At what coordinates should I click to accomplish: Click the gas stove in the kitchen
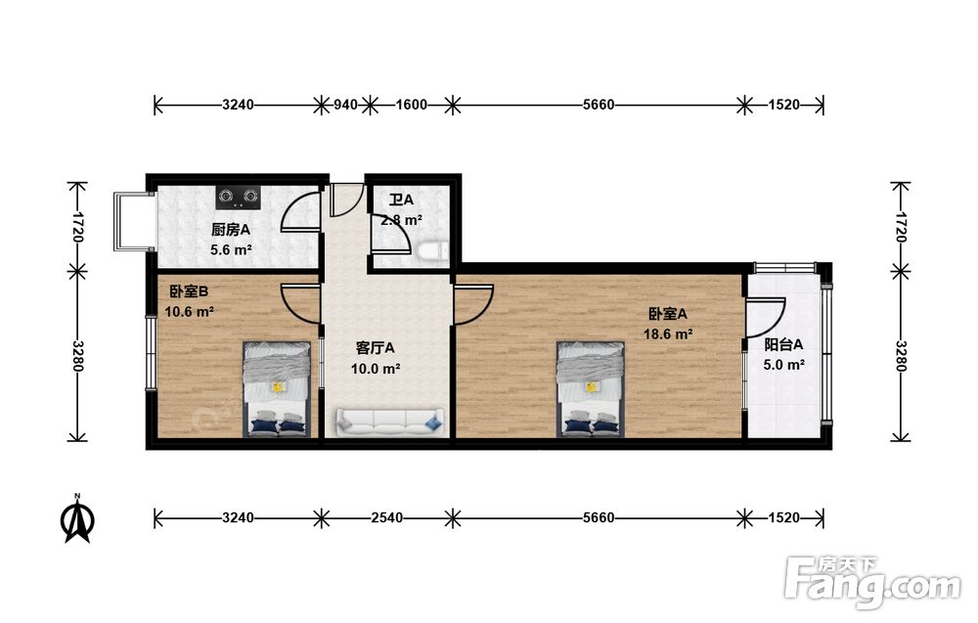[238, 197]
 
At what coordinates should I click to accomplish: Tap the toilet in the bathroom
[433, 250]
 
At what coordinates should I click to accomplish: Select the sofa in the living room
[390, 423]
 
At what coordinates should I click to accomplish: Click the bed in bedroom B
[277, 388]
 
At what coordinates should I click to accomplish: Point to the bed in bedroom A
[591, 388]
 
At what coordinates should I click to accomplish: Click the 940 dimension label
[345, 105]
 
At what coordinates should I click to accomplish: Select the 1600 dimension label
[412, 105]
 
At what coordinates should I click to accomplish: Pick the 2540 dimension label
[386, 517]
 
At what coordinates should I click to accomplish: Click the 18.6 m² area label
[668, 334]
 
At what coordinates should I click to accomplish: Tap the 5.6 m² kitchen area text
[232, 250]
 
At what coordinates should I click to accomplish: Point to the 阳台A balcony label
[783, 344]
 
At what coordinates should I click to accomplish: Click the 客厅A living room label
[375, 348]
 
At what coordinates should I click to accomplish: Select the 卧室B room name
[189, 291]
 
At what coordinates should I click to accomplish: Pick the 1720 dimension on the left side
[78, 227]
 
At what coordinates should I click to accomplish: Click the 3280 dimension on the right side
[900, 356]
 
